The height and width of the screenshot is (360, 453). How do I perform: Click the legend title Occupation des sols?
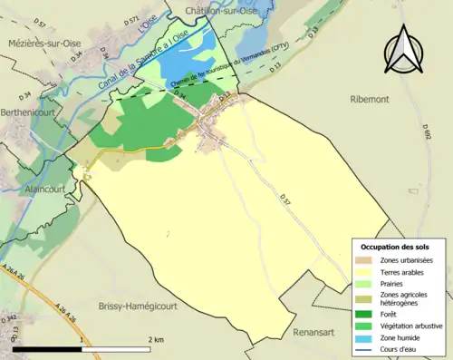pos(395,247)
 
